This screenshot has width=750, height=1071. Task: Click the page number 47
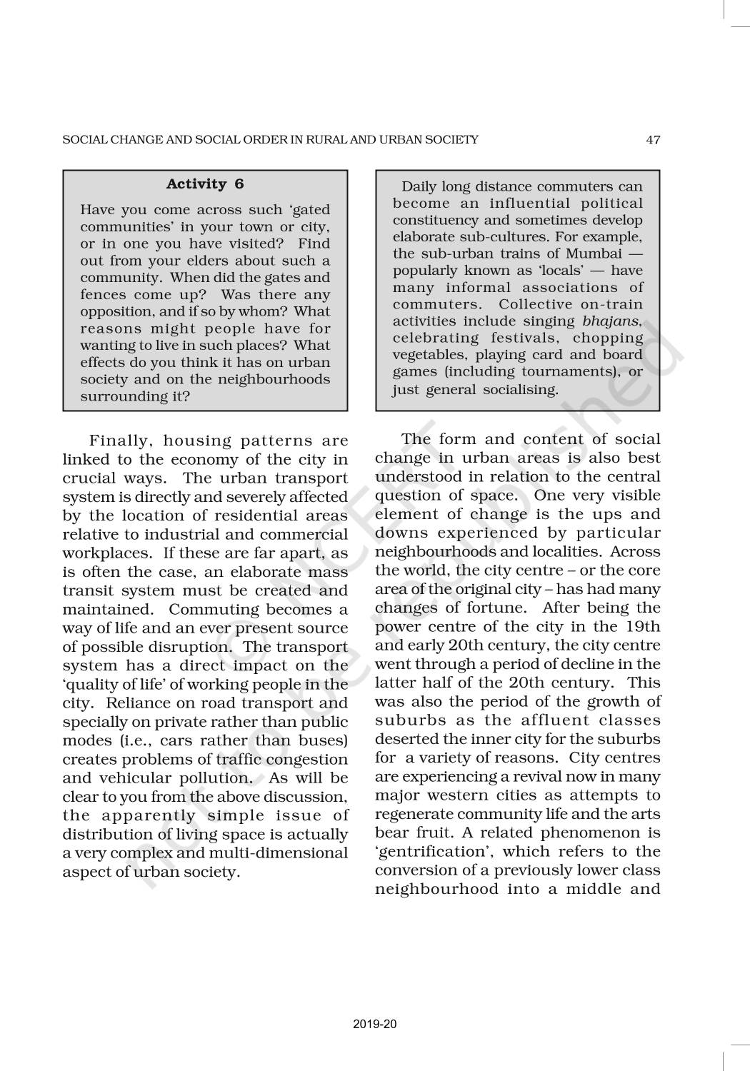point(653,140)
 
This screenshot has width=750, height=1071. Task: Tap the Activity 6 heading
point(205,184)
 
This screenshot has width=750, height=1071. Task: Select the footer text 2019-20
point(374,1024)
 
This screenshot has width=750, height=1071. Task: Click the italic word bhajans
point(611,321)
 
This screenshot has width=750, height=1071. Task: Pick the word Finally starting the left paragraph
point(119,441)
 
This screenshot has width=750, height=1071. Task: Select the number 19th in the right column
point(645,627)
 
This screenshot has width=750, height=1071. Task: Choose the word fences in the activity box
point(101,295)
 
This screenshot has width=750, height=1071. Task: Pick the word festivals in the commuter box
point(524,338)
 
